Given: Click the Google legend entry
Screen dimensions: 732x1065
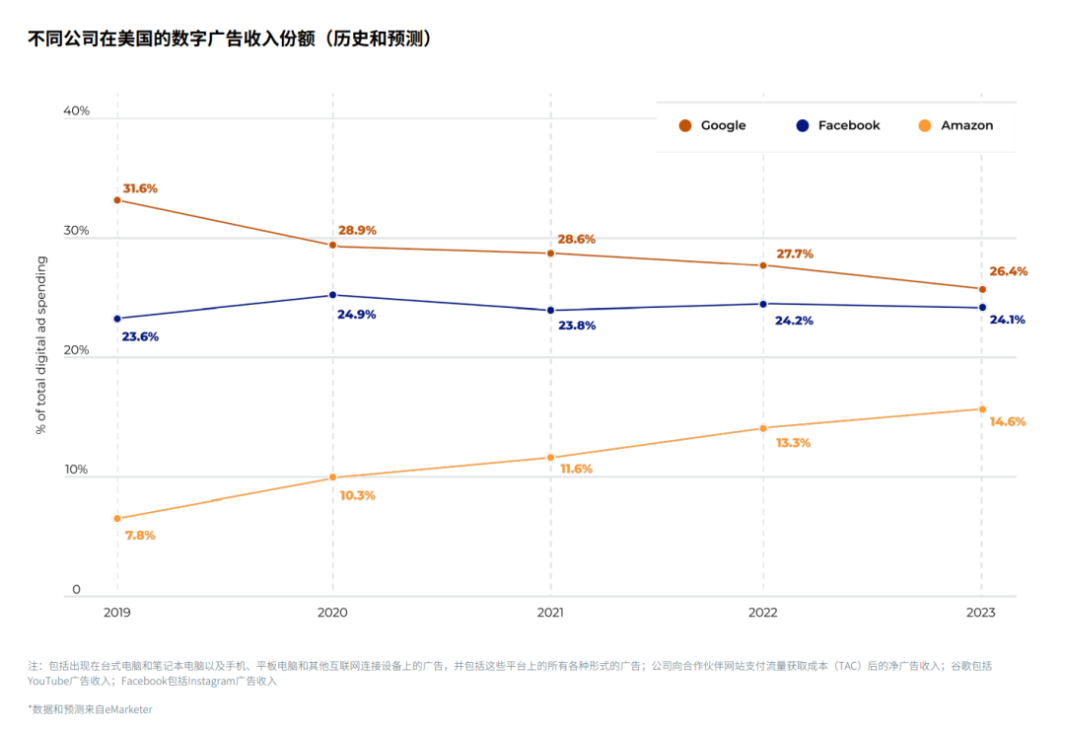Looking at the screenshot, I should [x=713, y=125].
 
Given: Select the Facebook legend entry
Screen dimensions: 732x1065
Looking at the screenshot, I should [x=838, y=125].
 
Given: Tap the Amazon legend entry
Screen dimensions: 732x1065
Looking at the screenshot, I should [x=956, y=125].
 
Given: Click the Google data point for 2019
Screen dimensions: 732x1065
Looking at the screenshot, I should [x=117, y=200].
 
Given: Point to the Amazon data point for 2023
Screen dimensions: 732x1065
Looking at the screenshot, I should [x=982, y=408].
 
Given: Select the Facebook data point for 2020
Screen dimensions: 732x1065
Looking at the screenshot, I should [x=332, y=295].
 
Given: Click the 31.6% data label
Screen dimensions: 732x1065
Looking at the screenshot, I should [x=140, y=188].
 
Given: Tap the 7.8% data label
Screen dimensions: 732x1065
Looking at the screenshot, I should [x=140, y=535].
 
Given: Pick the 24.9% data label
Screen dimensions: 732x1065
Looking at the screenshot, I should [x=357, y=315].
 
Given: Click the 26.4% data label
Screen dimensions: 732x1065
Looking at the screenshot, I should [x=1009, y=271].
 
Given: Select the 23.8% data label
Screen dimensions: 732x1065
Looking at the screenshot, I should [x=577, y=326].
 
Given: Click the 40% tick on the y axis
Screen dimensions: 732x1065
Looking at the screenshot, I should [x=76, y=110].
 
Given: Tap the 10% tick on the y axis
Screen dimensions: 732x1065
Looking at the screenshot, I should [x=76, y=470].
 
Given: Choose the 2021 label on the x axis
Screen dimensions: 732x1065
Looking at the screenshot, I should [x=550, y=613].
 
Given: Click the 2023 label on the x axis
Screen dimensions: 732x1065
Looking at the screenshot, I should [x=981, y=613].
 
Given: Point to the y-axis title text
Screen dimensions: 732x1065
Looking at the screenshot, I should [x=41, y=345].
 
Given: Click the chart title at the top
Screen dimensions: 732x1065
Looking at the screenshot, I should [x=232, y=39].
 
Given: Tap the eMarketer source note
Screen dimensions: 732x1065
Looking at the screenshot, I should [x=90, y=708].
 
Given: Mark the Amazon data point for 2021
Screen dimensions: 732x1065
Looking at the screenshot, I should [x=550, y=458].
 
